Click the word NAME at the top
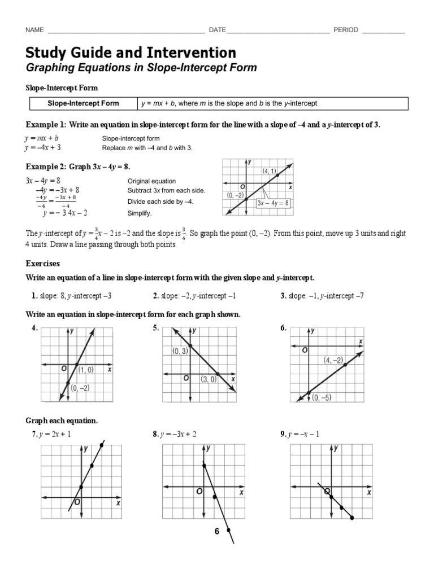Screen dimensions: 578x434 (35, 30)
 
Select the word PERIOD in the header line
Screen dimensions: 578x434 (345, 30)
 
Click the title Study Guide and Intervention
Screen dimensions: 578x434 (131, 52)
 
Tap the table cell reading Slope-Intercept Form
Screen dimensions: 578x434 (83, 103)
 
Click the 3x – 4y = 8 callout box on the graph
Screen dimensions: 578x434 (273, 203)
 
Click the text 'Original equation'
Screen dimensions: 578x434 (151, 181)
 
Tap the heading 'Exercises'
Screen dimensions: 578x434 (43, 264)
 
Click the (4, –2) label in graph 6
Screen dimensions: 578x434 (333, 360)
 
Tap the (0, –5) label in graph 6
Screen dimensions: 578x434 (321, 397)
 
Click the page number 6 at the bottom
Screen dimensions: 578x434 (216, 532)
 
